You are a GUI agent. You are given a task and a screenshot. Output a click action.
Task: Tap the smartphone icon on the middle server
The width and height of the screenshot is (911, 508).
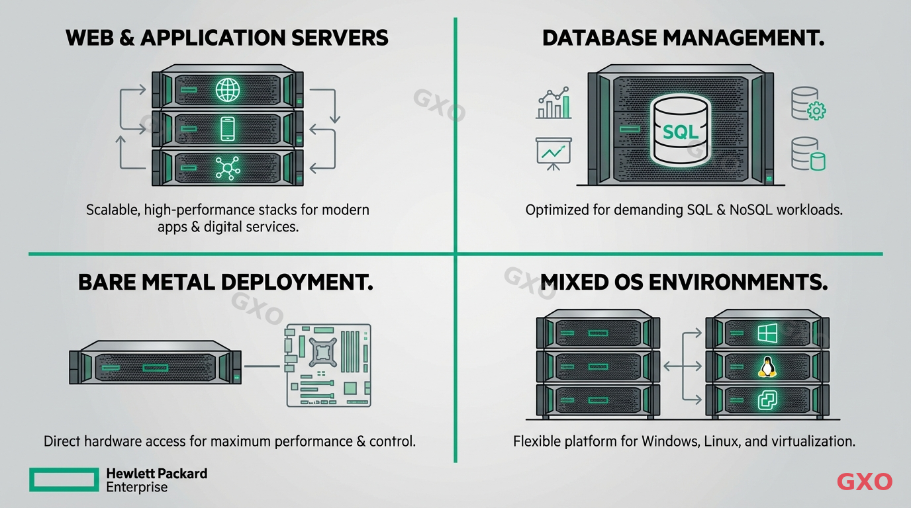pos(227,128)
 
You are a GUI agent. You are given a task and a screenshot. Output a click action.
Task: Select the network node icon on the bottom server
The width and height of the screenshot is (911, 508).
pos(227,167)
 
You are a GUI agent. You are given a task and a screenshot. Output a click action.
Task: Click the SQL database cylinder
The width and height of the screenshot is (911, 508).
pos(681,130)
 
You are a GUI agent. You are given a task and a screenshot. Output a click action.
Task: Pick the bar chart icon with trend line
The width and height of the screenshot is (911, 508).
pos(553,103)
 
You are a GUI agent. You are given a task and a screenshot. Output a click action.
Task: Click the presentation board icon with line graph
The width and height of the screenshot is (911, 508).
pos(553,152)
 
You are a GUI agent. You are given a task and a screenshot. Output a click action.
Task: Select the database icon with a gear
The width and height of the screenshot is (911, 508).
pos(808,105)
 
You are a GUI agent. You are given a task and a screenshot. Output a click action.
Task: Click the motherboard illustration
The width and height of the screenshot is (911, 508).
pos(328,364)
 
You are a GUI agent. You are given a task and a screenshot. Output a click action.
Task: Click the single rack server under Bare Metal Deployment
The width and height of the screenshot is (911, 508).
pos(156,363)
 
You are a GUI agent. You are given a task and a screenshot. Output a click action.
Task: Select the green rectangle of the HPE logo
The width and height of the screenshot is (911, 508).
pos(64,480)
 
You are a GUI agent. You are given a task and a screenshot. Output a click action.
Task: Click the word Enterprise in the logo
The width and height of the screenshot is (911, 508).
pos(137,487)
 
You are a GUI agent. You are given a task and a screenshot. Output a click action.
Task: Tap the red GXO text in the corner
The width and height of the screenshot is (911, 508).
pos(864,482)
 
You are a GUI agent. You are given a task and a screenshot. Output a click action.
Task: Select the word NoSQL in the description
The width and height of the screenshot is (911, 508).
pos(750,210)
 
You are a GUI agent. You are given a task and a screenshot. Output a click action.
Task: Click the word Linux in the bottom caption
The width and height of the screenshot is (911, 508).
pos(720,441)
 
